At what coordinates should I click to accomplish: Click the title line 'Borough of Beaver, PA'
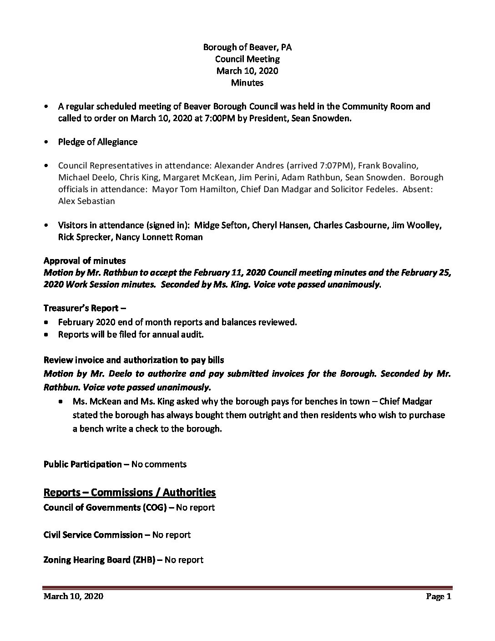(x=247, y=47)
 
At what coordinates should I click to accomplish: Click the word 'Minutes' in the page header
(x=247, y=83)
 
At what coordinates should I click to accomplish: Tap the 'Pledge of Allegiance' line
(x=97, y=142)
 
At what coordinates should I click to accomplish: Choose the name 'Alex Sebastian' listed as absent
(x=86, y=201)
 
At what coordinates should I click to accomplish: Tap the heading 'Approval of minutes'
(x=85, y=261)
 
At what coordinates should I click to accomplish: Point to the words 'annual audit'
(x=179, y=335)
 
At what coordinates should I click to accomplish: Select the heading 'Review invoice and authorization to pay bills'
(x=134, y=360)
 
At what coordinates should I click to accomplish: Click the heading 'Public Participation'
(x=82, y=464)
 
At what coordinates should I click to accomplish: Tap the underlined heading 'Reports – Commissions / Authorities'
(x=129, y=493)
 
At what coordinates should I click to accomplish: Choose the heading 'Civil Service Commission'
(x=93, y=535)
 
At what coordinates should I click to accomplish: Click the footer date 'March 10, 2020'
(x=73, y=596)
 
